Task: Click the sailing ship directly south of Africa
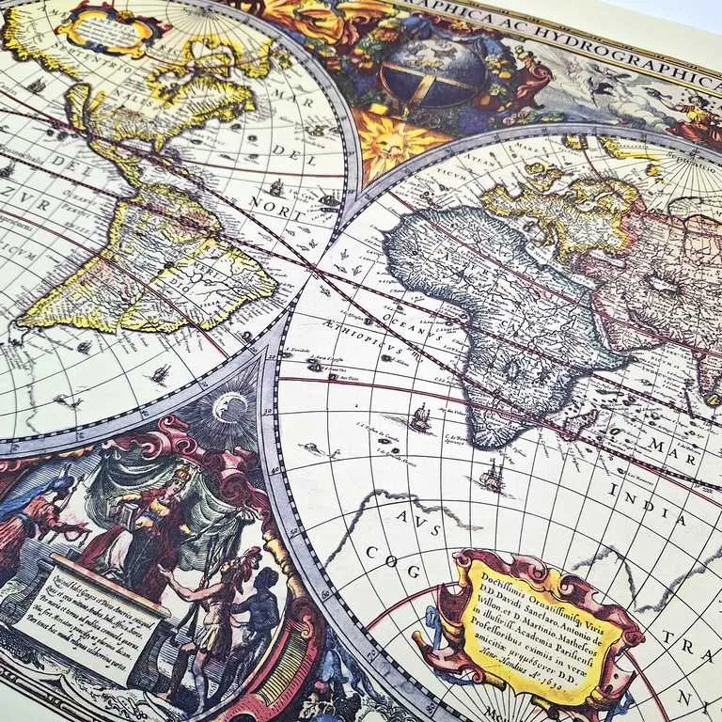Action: tap(491, 478)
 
